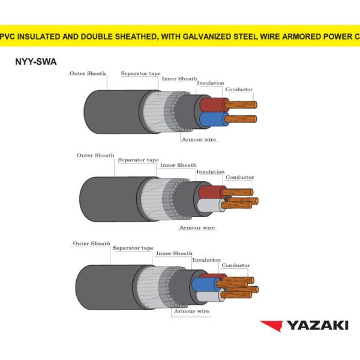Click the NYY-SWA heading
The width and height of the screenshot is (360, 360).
pos(35,61)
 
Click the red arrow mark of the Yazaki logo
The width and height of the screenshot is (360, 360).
pos(271,326)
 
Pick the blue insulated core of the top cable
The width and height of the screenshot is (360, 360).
pos(212,119)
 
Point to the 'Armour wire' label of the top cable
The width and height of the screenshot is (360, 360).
pos(199,139)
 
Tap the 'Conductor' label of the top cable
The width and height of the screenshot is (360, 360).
pos(239,89)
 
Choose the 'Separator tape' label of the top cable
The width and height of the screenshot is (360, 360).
pos(140,73)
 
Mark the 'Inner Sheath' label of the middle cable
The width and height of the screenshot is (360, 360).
pos(178,165)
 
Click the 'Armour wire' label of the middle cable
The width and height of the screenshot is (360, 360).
pos(197,227)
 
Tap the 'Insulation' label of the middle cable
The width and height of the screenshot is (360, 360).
pos(210,172)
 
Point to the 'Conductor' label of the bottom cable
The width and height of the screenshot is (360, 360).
pos(236,265)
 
